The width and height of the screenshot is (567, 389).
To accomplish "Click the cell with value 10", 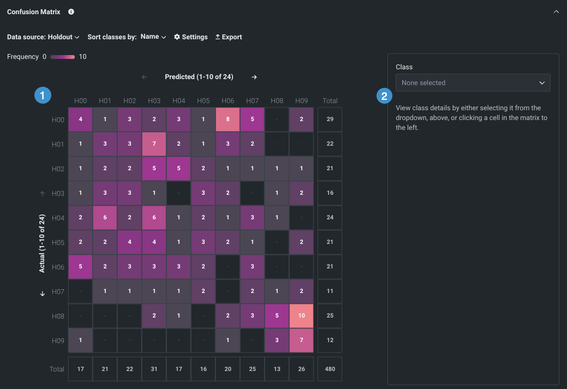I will tap(301, 316).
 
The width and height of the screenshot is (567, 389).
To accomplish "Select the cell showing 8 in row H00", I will tap(228, 119).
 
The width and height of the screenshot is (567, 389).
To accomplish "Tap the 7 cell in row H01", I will tap(154, 144).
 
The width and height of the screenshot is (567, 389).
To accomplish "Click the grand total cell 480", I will tap(330, 369).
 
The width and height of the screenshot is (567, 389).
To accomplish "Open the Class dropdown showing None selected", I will tap(473, 83).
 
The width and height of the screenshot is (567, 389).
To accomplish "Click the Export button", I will tap(229, 37).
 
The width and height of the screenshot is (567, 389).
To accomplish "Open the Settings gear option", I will tap(191, 37).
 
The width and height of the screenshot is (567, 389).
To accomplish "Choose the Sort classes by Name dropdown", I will tap(153, 37).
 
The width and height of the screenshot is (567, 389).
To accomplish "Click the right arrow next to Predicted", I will tap(254, 77).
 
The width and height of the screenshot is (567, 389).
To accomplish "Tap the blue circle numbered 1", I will tap(43, 95).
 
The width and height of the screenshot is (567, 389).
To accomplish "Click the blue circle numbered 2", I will tap(385, 96).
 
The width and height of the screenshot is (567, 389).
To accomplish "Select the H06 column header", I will tap(228, 101).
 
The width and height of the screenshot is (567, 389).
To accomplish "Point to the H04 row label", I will tap(58, 218).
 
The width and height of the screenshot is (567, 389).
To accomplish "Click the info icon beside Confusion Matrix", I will tap(71, 11).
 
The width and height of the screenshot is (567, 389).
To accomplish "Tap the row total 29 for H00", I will tap(330, 119).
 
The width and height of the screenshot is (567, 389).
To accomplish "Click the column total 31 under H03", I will tap(154, 369).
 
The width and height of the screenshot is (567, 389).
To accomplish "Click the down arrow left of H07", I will tap(43, 294).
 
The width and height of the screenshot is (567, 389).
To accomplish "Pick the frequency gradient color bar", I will tap(62, 57).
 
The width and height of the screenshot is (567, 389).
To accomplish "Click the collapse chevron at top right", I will tap(556, 11).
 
